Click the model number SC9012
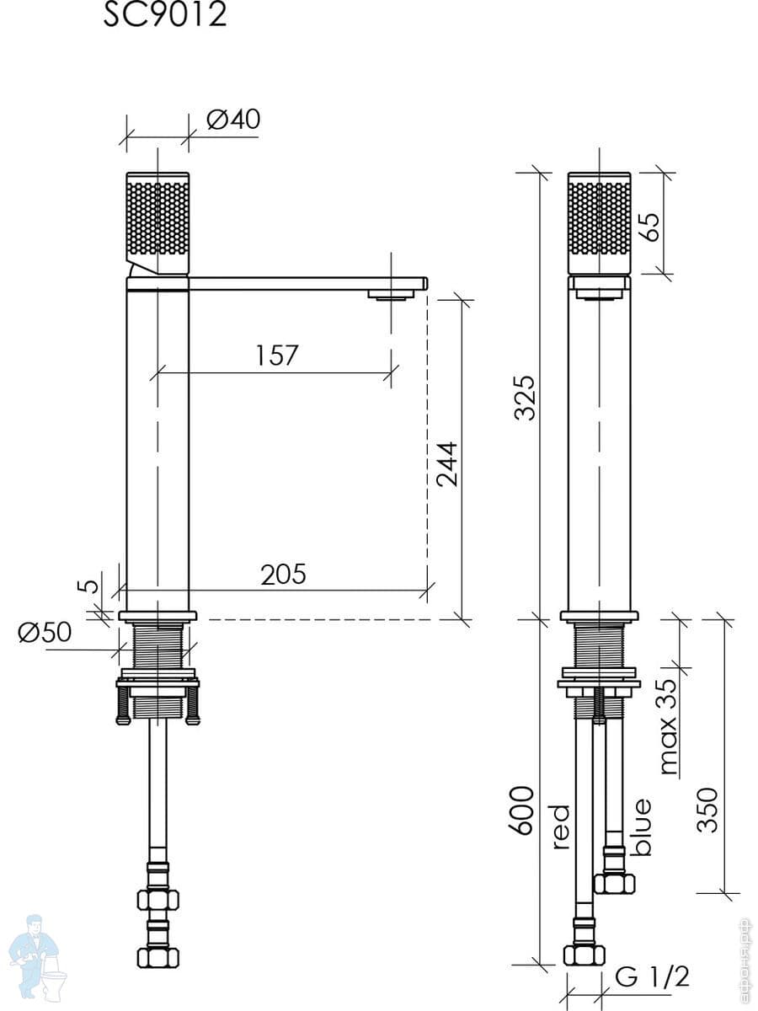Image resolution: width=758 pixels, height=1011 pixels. tap(164, 14)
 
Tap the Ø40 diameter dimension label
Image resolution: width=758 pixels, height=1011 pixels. tap(232, 120)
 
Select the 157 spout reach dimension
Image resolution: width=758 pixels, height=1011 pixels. tap(277, 356)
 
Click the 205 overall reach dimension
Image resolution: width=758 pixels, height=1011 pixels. tap(283, 575)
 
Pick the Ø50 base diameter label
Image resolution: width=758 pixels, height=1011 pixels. tap(45, 632)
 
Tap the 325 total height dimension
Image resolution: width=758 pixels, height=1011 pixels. tap(525, 398)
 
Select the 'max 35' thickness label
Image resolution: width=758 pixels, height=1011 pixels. tap(667, 726)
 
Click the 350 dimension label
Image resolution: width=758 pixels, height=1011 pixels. tap(707, 810)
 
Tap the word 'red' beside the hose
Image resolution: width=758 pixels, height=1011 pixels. tap(561, 826)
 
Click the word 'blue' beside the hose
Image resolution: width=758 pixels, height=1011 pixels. tap(642, 826)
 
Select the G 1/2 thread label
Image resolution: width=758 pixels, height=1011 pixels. tap(652, 977)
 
